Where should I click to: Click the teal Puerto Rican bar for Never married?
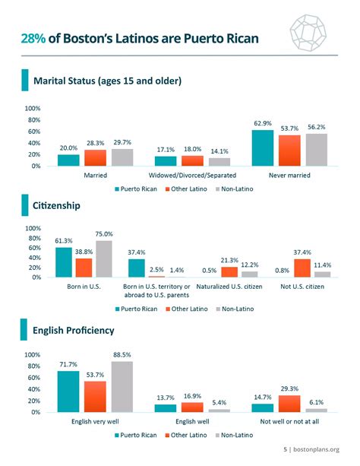[263, 147]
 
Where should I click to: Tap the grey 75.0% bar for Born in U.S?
[103, 258]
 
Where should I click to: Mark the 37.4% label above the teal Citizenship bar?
[137, 252]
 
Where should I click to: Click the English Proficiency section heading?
[74, 331]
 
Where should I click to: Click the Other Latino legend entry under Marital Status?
[187, 187]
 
